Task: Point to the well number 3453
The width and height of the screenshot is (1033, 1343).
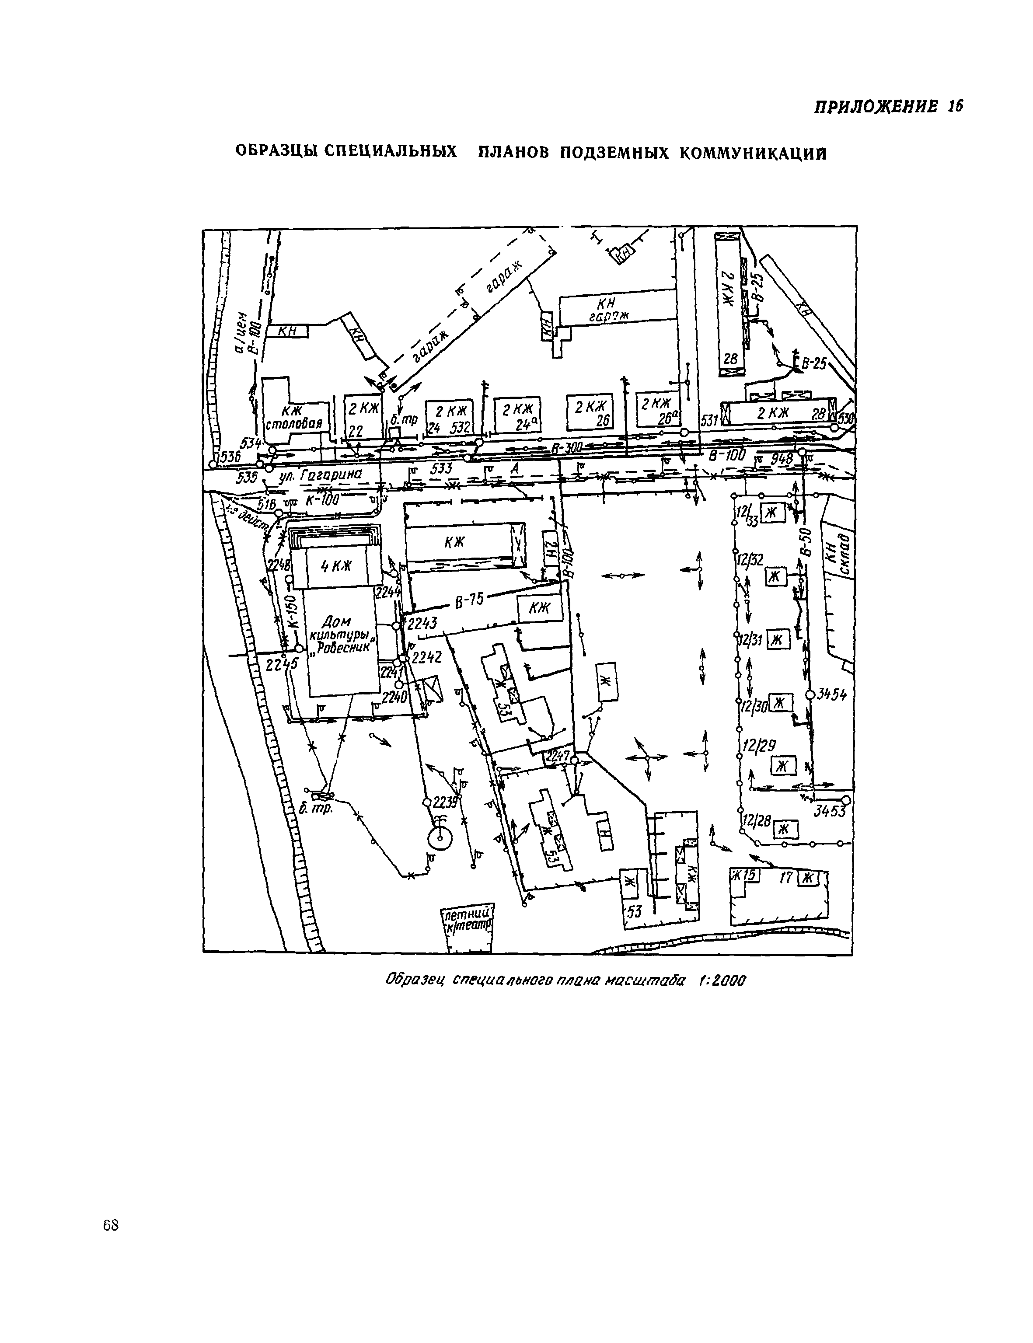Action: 830,812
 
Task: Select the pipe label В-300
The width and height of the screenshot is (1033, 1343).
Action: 565,449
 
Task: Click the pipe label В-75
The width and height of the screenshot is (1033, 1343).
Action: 470,601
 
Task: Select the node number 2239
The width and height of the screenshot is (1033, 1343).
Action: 445,803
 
